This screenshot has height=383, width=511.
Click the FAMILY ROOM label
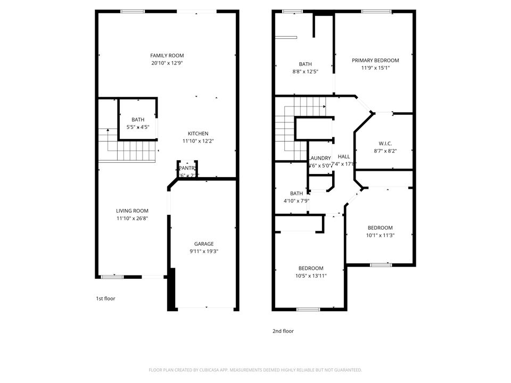pyautogui.click(x=167, y=55)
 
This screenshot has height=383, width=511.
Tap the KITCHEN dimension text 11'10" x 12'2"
pyautogui.click(x=197, y=141)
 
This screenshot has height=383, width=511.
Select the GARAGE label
pyautogui.click(x=203, y=244)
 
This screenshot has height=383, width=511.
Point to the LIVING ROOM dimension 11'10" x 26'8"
pyautogui.click(x=133, y=218)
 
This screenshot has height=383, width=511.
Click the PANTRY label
pyautogui.click(x=188, y=168)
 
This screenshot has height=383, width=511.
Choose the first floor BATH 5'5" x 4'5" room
pyautogui.click(x=138, y=123)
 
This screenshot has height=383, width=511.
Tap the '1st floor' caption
pyautogui.click(x=105, y=298)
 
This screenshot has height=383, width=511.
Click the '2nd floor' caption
pyautogui.click(x=283, y=331)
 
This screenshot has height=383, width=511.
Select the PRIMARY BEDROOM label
pyautogui.click(x=375, y=60)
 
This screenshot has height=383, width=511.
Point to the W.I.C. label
pyautogui.click(x=385, y=143)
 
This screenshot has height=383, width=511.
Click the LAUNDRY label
pyautogui.click(x=320, y=158)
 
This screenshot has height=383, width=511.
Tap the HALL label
pyautogui.click(x=344, y=156)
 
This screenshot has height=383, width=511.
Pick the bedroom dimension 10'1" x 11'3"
pyautogui.click(x=380, y=235)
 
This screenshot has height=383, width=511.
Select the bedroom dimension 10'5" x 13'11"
pyautogui.click(x=310, y=276)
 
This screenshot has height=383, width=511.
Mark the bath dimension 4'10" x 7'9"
pyautogui.click(x=296, y=201)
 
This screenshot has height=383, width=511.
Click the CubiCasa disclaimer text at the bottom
pyautogui.click(x=256, y=370)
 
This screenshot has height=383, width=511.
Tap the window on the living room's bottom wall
pyautogui.click(x=112, y=277)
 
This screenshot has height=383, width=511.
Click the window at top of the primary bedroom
pyautogui.click(x=377, y=11)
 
